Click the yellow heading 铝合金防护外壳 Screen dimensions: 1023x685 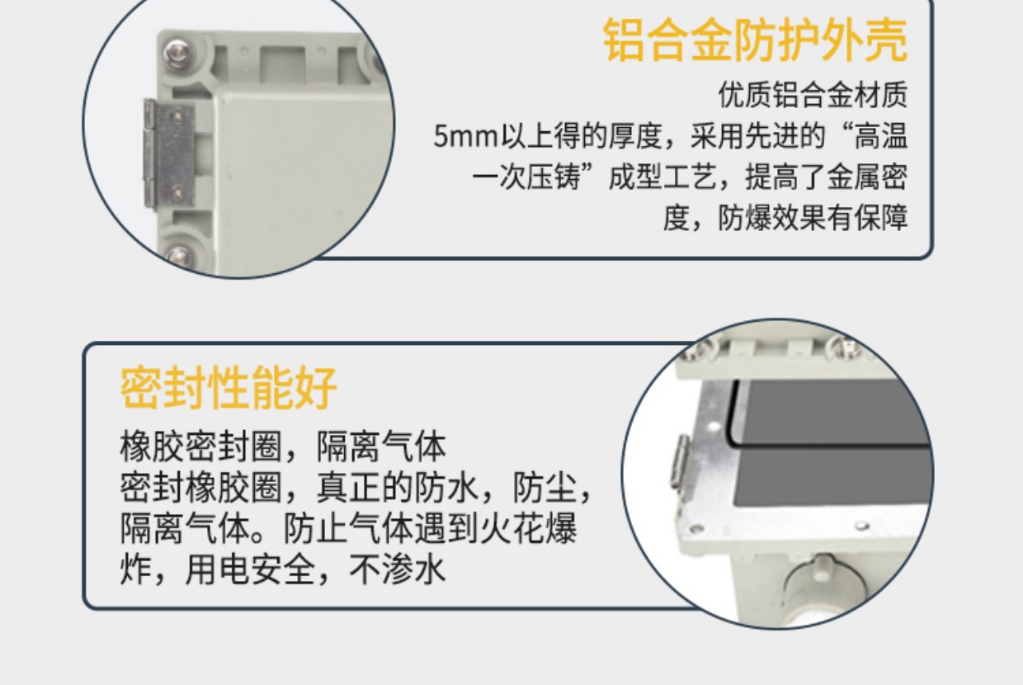tap(755, 40)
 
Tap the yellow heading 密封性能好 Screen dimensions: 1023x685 tap(229, 387)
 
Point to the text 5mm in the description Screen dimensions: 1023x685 tap(465, 136)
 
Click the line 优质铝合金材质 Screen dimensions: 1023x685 tap(813, 95)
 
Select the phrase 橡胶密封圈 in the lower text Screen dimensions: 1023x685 tap(200, 446)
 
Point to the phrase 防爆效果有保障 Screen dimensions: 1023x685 tap(813, 218)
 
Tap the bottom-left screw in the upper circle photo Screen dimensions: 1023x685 tap(178, 256)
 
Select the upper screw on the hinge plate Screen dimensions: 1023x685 tap(177, 116)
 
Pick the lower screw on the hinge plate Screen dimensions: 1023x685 tap(177, 193)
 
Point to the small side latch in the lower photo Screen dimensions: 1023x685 tap(681, 461)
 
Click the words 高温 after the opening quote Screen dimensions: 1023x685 tap(880, 136)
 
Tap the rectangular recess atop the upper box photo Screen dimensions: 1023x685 tap(282, 64)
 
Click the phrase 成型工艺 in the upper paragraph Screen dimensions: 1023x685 tap(662, 177)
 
